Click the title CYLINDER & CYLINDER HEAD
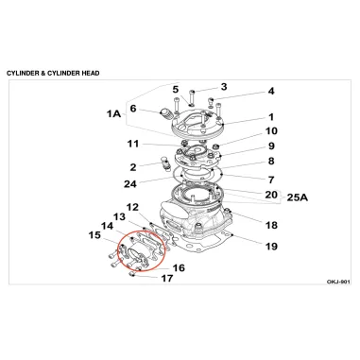click(53, 74)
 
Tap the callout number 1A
click(113, 113)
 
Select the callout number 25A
click(298, 197)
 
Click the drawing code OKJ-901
click(338, 282)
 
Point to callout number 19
click(271, 246)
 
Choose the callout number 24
click(130, 183)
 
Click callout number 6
click(133, 109)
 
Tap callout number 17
click(167, 279)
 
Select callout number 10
click(271, 130)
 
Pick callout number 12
click(132, 207)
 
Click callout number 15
click(94, 235)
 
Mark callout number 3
click(224, 87)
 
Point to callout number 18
click(271, 225)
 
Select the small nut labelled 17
click(131, 275)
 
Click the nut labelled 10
click(215, 146)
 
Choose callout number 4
click(271, 91)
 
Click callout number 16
click(179, 268)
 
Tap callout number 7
click(271, 180)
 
